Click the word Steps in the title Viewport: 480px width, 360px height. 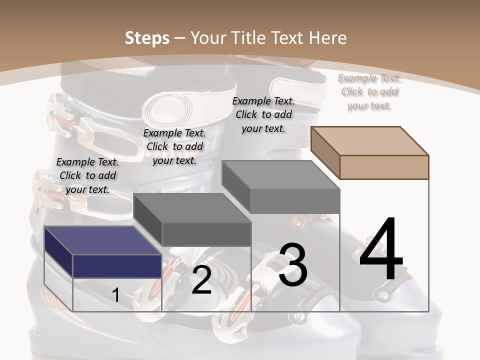point(147,38)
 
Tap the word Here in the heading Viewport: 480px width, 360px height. point(328,38)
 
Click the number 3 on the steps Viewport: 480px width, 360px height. point(293,265)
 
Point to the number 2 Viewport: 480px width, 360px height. point(201,280)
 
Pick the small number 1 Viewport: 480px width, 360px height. point(116,295)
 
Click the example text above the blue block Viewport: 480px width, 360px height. point(87,175)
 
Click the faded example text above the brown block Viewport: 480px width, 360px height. point(369,91)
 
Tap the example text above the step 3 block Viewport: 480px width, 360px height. point(263,114)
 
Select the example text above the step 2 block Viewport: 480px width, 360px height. point(174,146)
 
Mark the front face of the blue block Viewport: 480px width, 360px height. point(117,266)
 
